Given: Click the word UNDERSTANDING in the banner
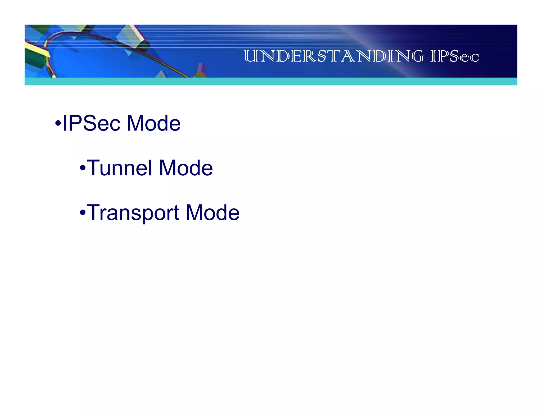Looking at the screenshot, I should [x=334, y=56].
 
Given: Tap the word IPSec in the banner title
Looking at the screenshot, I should [x=455, y=56].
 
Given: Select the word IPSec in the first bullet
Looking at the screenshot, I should [x=91, y=123].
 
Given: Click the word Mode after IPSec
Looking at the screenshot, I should [x=154, y=123].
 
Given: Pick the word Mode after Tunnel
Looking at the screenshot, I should [x=186, y=168].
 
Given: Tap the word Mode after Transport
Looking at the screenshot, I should [x=213, y=213].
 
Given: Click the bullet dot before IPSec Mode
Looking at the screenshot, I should [x=58, y=123].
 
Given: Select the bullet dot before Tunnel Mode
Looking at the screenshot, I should [x=83, y=168].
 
